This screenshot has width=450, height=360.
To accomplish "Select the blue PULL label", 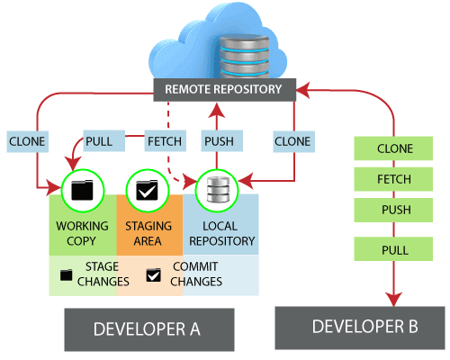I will [99, 141].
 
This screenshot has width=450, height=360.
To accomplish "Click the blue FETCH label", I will [165, 141].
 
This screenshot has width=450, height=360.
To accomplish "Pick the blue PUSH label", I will [219, 141].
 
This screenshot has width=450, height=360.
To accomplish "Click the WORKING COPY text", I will [82, 233].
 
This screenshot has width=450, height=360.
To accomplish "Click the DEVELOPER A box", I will [148, 328].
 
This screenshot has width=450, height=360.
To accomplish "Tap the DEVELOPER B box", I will [360, 327].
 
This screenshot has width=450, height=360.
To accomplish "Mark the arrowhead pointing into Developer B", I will [394, 298].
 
